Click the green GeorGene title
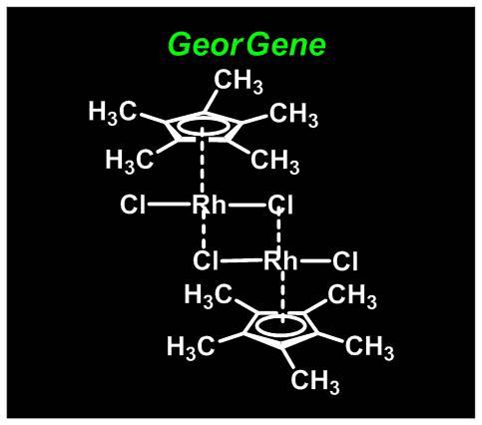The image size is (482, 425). [x=247, y=45]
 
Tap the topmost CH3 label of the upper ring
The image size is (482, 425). [x=239, y=81]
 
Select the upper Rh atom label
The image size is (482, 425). [x=209, y=204]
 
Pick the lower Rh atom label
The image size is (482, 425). [x=280, y=260]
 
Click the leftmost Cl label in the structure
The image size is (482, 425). [x=133, y=205]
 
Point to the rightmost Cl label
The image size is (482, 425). [x=345, y=261]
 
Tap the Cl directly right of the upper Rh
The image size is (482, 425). [x=280, y=205]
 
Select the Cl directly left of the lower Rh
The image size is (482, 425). [x=206, y=261]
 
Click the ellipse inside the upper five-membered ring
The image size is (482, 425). [x=203, y=127]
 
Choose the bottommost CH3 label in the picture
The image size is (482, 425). [x=315, y=381]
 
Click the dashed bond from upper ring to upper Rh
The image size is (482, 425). [x=203, y=161]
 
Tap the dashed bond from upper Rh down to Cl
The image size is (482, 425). [x=204, y=231]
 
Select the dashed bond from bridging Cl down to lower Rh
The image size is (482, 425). [x=278, y=229]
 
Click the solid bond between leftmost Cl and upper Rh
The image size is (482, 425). [x=170, y=205]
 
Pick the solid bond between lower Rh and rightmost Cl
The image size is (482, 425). [x=314, y=261]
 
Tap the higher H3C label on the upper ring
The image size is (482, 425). [x=113, y=112]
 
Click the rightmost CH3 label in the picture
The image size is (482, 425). [x=369, y=347]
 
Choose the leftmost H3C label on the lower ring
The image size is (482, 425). [x=191, y=347]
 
